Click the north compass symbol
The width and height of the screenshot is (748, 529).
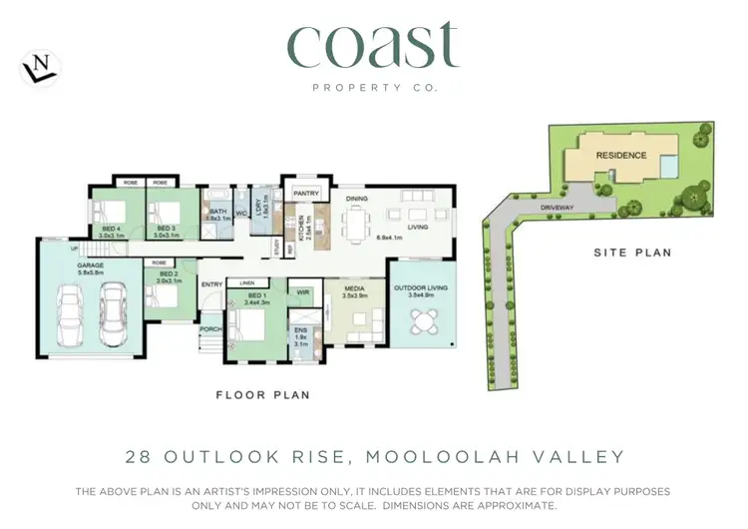(x=40, y=68)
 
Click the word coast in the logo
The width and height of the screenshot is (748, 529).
(x=373, y=46)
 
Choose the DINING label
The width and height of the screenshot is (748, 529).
(x=357, y=199)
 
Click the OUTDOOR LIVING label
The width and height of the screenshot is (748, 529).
(x=420, y=289)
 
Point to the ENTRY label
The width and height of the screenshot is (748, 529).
(x=212, y=284)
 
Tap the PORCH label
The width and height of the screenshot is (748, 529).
(x=210, y=328)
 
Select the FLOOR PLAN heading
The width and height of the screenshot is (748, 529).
(x=263, y=395)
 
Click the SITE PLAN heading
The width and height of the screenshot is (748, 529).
(x=632, y=254)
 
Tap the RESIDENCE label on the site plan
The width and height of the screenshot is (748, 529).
(x=621, y=156)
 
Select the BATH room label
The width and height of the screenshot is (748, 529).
(x=217, y=212)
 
